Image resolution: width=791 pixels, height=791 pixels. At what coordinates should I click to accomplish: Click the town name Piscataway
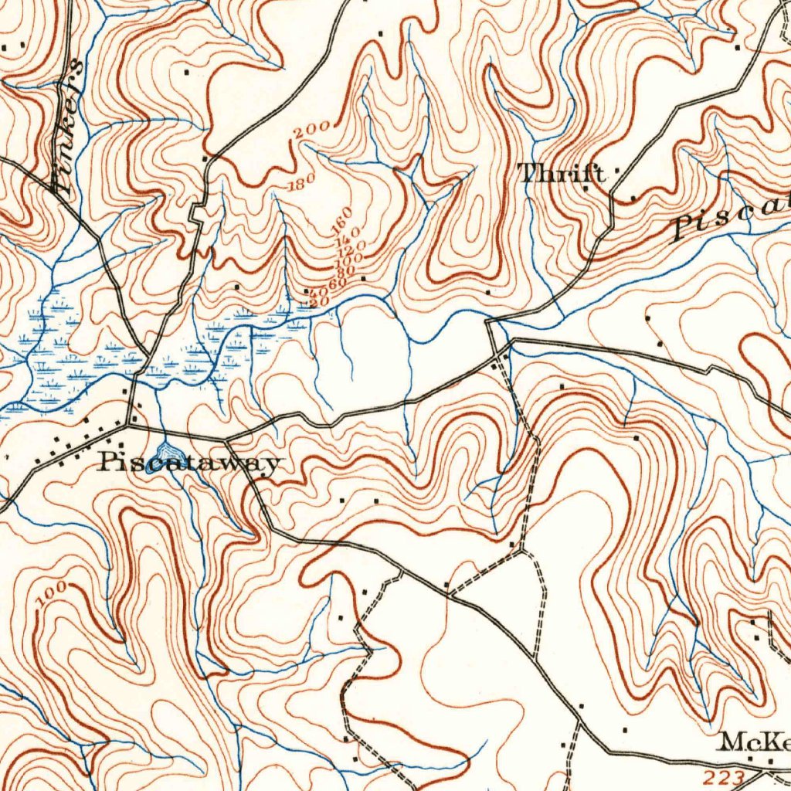pos(188,463)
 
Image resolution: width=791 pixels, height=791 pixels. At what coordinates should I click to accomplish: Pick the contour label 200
pos(313,131)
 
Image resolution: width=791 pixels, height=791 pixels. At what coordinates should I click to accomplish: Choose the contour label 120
pos(352,249)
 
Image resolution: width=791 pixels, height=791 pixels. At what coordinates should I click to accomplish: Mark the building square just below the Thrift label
pos(586,188)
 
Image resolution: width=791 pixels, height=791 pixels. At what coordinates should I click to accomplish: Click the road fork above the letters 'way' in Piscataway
pos(229,440)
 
